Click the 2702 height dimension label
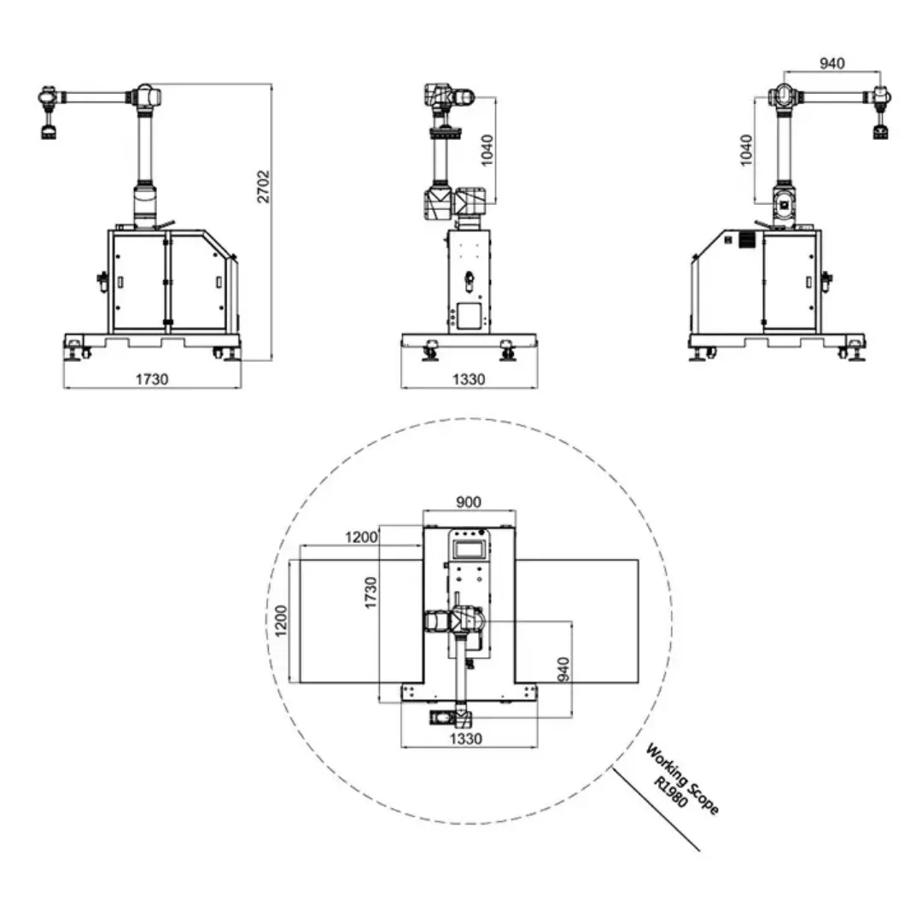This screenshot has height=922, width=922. [x=263, y=186]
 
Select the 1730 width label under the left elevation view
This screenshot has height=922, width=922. [x=152, y=379]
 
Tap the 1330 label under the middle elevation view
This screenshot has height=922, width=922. [x=469, y=379]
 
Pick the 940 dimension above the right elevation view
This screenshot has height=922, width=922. [x=832, y=63]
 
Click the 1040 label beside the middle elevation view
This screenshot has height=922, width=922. [x=487, y=150]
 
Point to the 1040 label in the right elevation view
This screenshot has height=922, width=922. [x=745, y=150]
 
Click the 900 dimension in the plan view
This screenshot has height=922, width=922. [x=469, y=502]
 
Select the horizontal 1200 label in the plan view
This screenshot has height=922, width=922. [x=361, y=537]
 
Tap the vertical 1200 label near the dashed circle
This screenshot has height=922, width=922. [x=281, y=621]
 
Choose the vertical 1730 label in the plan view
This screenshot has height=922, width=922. [x=370, y=592]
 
